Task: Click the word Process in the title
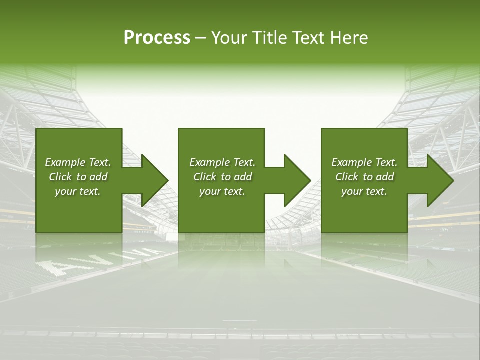[x=157, y=37]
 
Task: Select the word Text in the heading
[x=308, y=37]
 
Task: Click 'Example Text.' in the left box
[x=78, y=162]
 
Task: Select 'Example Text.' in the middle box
[x=222, y=162]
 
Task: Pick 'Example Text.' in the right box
[x=364, y=162]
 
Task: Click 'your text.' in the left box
[x=78, y=191]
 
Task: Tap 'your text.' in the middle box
[x=222, y=191]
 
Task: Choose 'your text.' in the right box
[x=364, y=191]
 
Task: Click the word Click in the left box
[x=61, y=177]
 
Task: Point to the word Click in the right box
[x=347, y=177]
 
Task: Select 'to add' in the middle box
[x=236, y=177]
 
